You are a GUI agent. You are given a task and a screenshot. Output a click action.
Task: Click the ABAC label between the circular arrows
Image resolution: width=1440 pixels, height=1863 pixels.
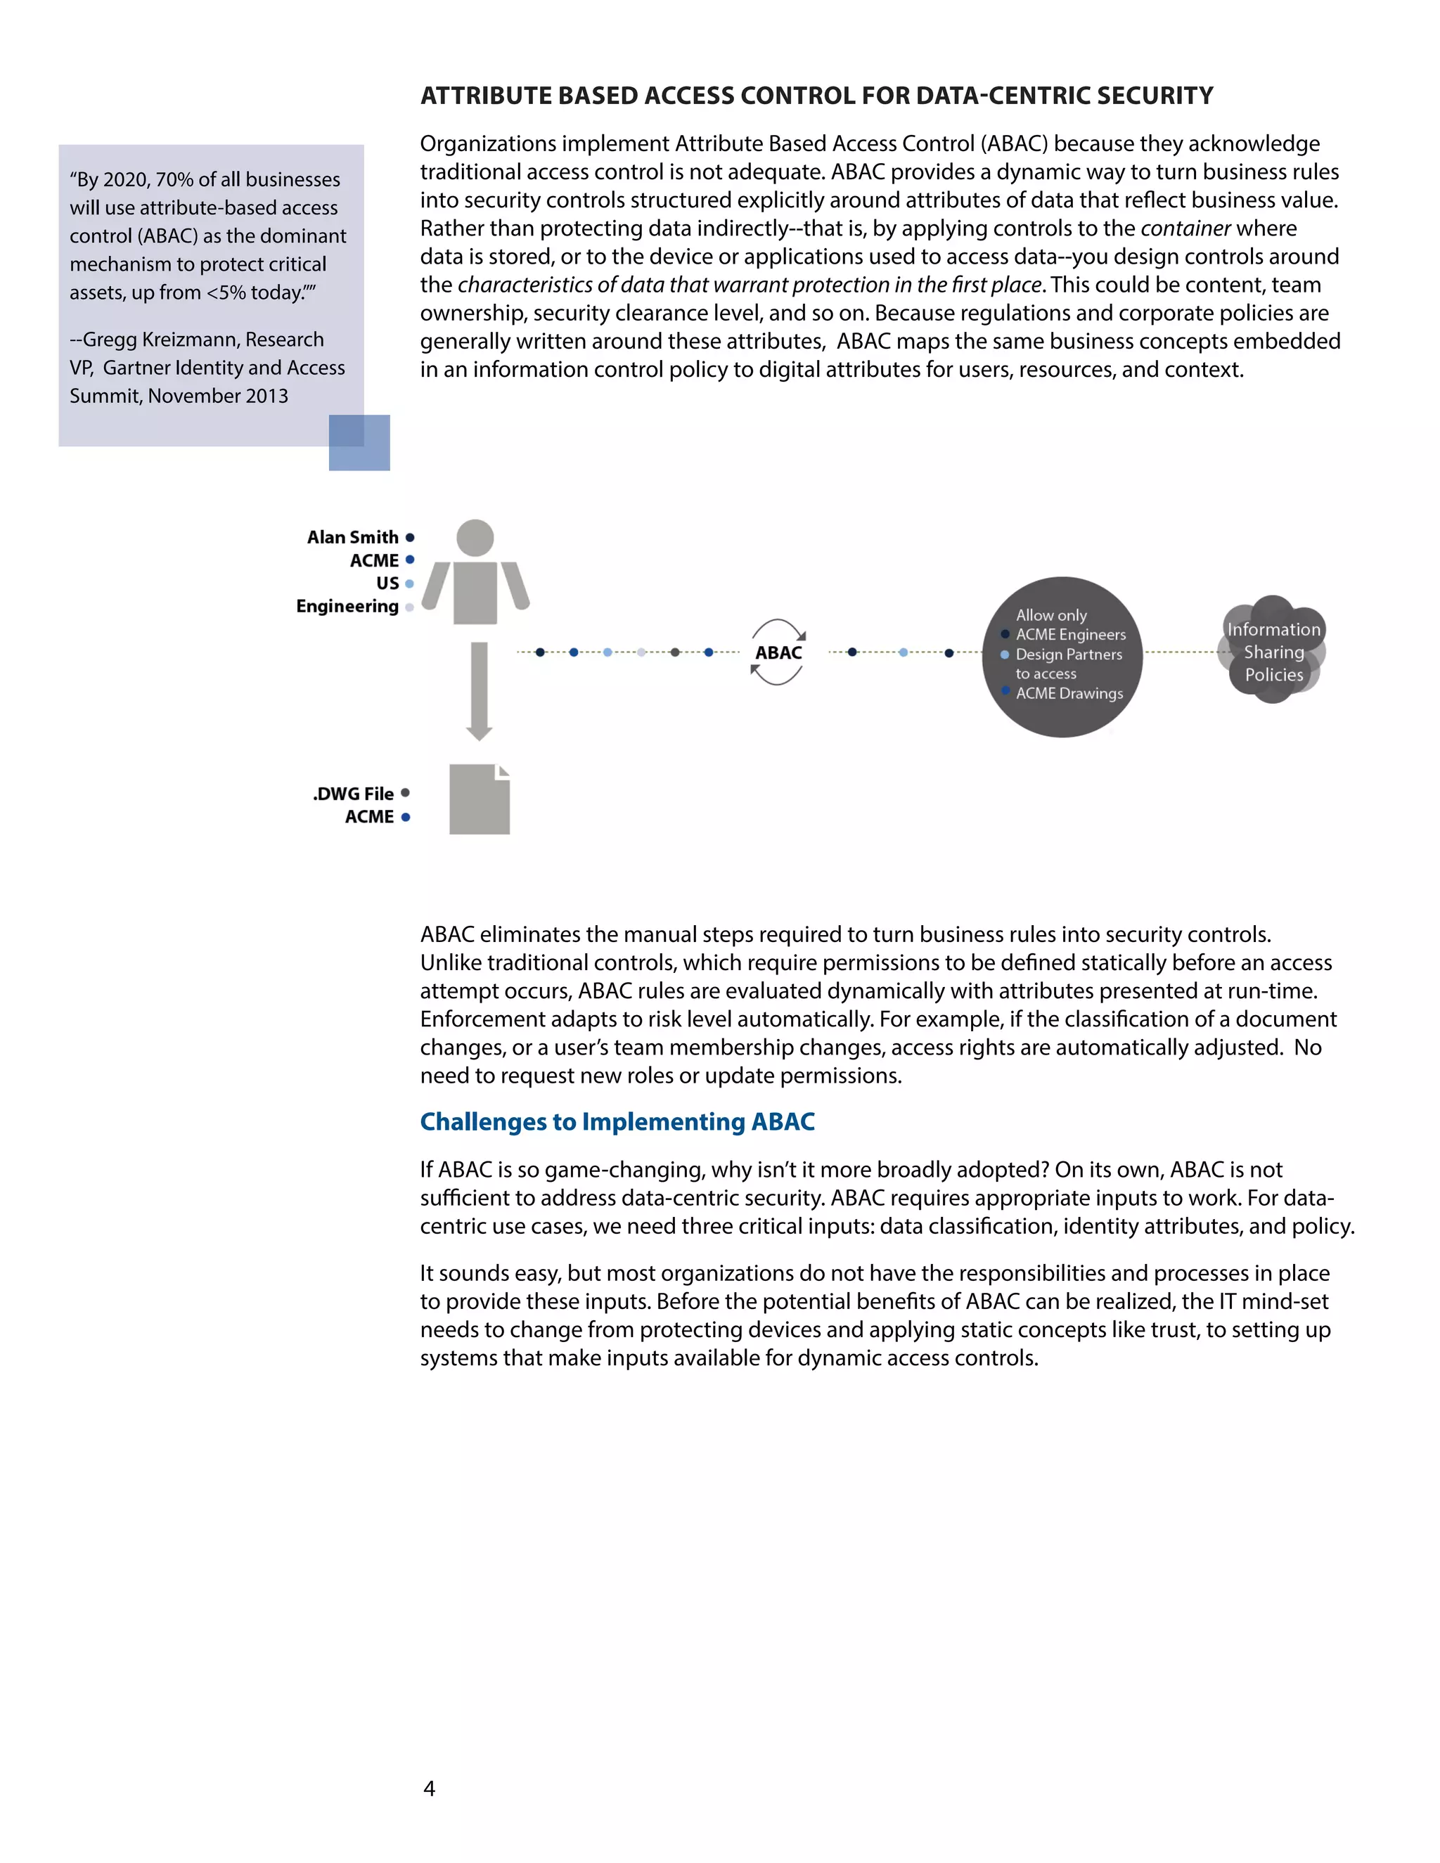778,652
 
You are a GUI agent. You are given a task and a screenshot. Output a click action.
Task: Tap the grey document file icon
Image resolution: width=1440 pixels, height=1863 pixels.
479,799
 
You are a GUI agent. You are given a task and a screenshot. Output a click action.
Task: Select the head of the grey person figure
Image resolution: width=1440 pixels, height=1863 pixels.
475,537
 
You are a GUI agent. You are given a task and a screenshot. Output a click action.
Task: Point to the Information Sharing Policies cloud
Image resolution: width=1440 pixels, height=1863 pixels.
1273,652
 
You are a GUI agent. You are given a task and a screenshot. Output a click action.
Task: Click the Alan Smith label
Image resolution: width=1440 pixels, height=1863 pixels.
352,537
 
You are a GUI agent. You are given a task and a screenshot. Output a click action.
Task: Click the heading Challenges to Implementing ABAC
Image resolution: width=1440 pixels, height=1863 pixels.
617,1122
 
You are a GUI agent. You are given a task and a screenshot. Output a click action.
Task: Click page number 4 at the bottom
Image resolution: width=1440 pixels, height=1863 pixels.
429,1788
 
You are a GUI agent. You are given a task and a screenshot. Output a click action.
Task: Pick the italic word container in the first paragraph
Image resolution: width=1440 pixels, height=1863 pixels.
1185,228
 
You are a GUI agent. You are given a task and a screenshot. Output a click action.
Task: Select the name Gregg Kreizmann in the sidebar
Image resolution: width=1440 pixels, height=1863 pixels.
160,340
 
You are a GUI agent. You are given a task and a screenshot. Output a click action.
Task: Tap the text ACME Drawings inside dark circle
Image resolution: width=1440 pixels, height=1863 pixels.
1069,693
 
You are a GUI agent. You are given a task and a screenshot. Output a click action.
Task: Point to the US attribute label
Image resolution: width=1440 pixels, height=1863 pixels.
387,584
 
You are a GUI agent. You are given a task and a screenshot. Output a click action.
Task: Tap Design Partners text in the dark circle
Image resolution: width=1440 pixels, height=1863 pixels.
1068,655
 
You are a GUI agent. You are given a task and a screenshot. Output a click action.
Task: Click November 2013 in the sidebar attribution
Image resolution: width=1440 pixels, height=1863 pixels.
219,396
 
